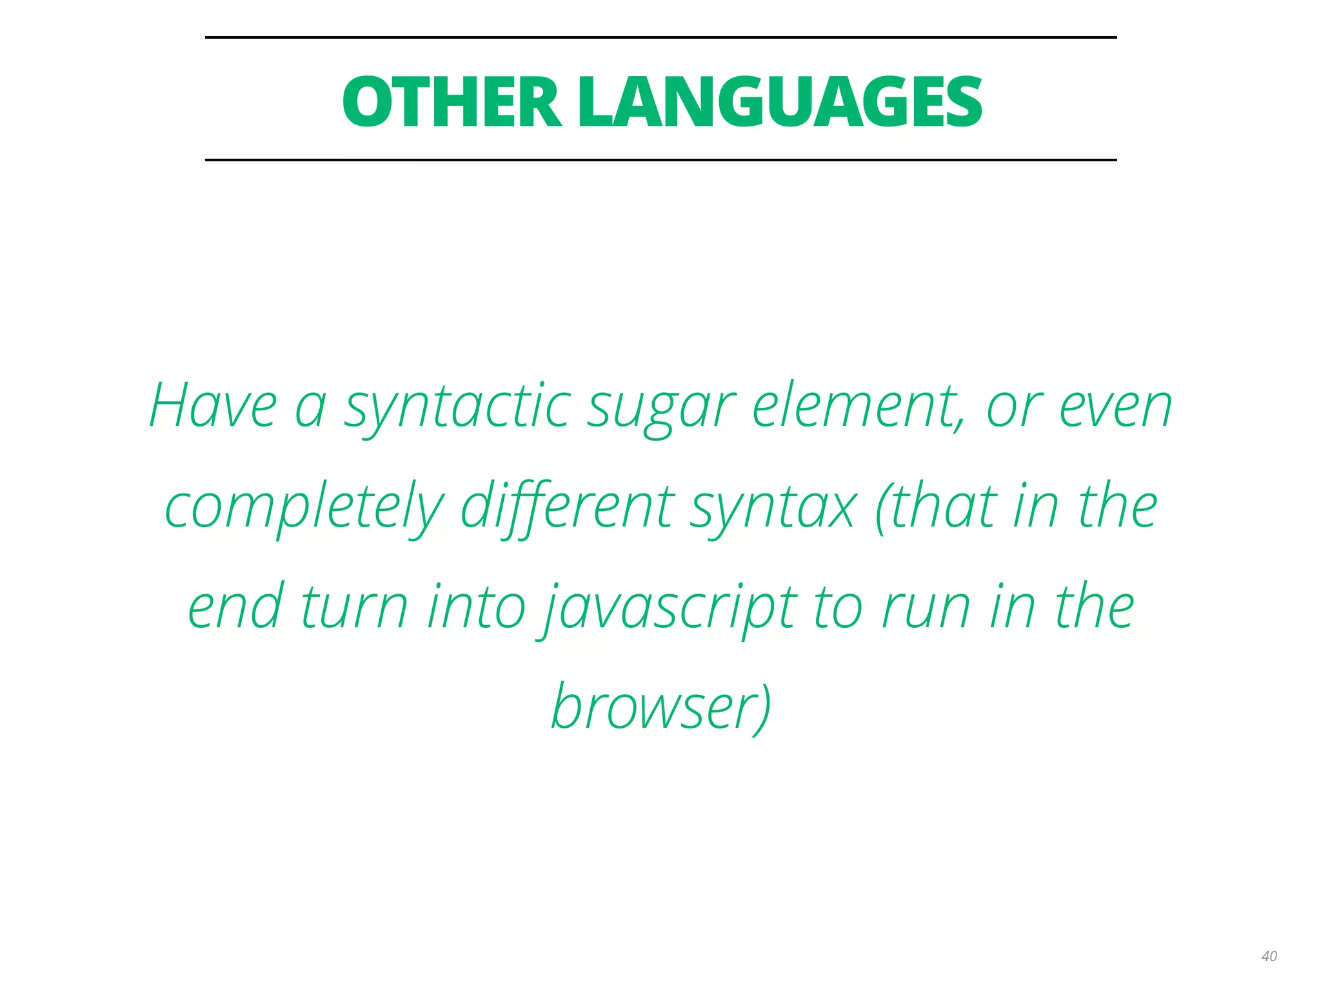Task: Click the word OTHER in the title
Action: click(x=452, y=102)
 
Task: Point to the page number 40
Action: click(x=1269, y=956)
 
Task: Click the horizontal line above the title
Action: click(x=660, y=37)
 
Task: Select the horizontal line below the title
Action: click(x=660, y=159)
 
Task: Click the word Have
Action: click(x=213, y=406)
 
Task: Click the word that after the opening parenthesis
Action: click(x=942, y=507)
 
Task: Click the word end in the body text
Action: click(x=235, y=606)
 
